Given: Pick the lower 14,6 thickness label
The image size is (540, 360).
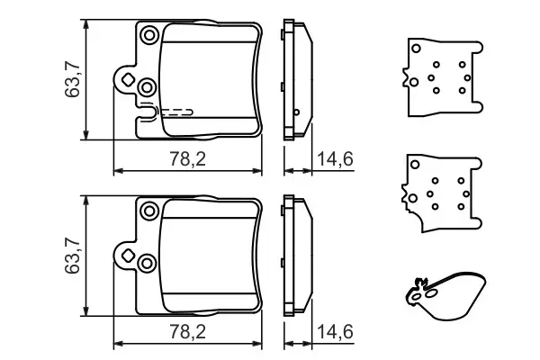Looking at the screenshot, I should [335, 332].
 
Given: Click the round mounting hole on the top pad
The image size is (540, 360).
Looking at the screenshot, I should [148, 35].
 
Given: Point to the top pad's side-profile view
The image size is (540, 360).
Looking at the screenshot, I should [296, 81].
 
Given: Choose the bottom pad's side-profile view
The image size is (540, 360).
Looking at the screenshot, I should [296, 256].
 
